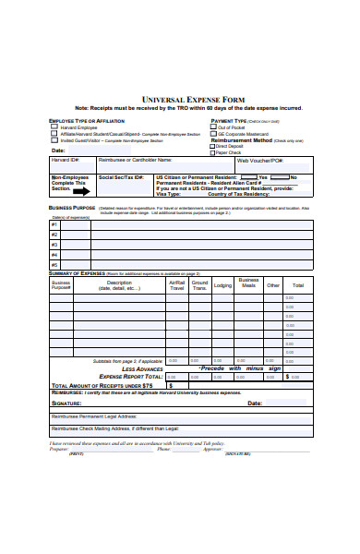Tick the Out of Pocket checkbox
tap(212, 126)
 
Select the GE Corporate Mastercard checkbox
tap(212, 133)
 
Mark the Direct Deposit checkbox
tap(212, 146)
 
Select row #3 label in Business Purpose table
tap(54, 245)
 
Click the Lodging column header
tap(222, 286)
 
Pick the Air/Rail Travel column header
tap(176, 286)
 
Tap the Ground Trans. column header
tap(198, 286)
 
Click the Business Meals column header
tap(247, 283)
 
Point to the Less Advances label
tap(143, 368)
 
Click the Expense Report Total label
tap(131, 377)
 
